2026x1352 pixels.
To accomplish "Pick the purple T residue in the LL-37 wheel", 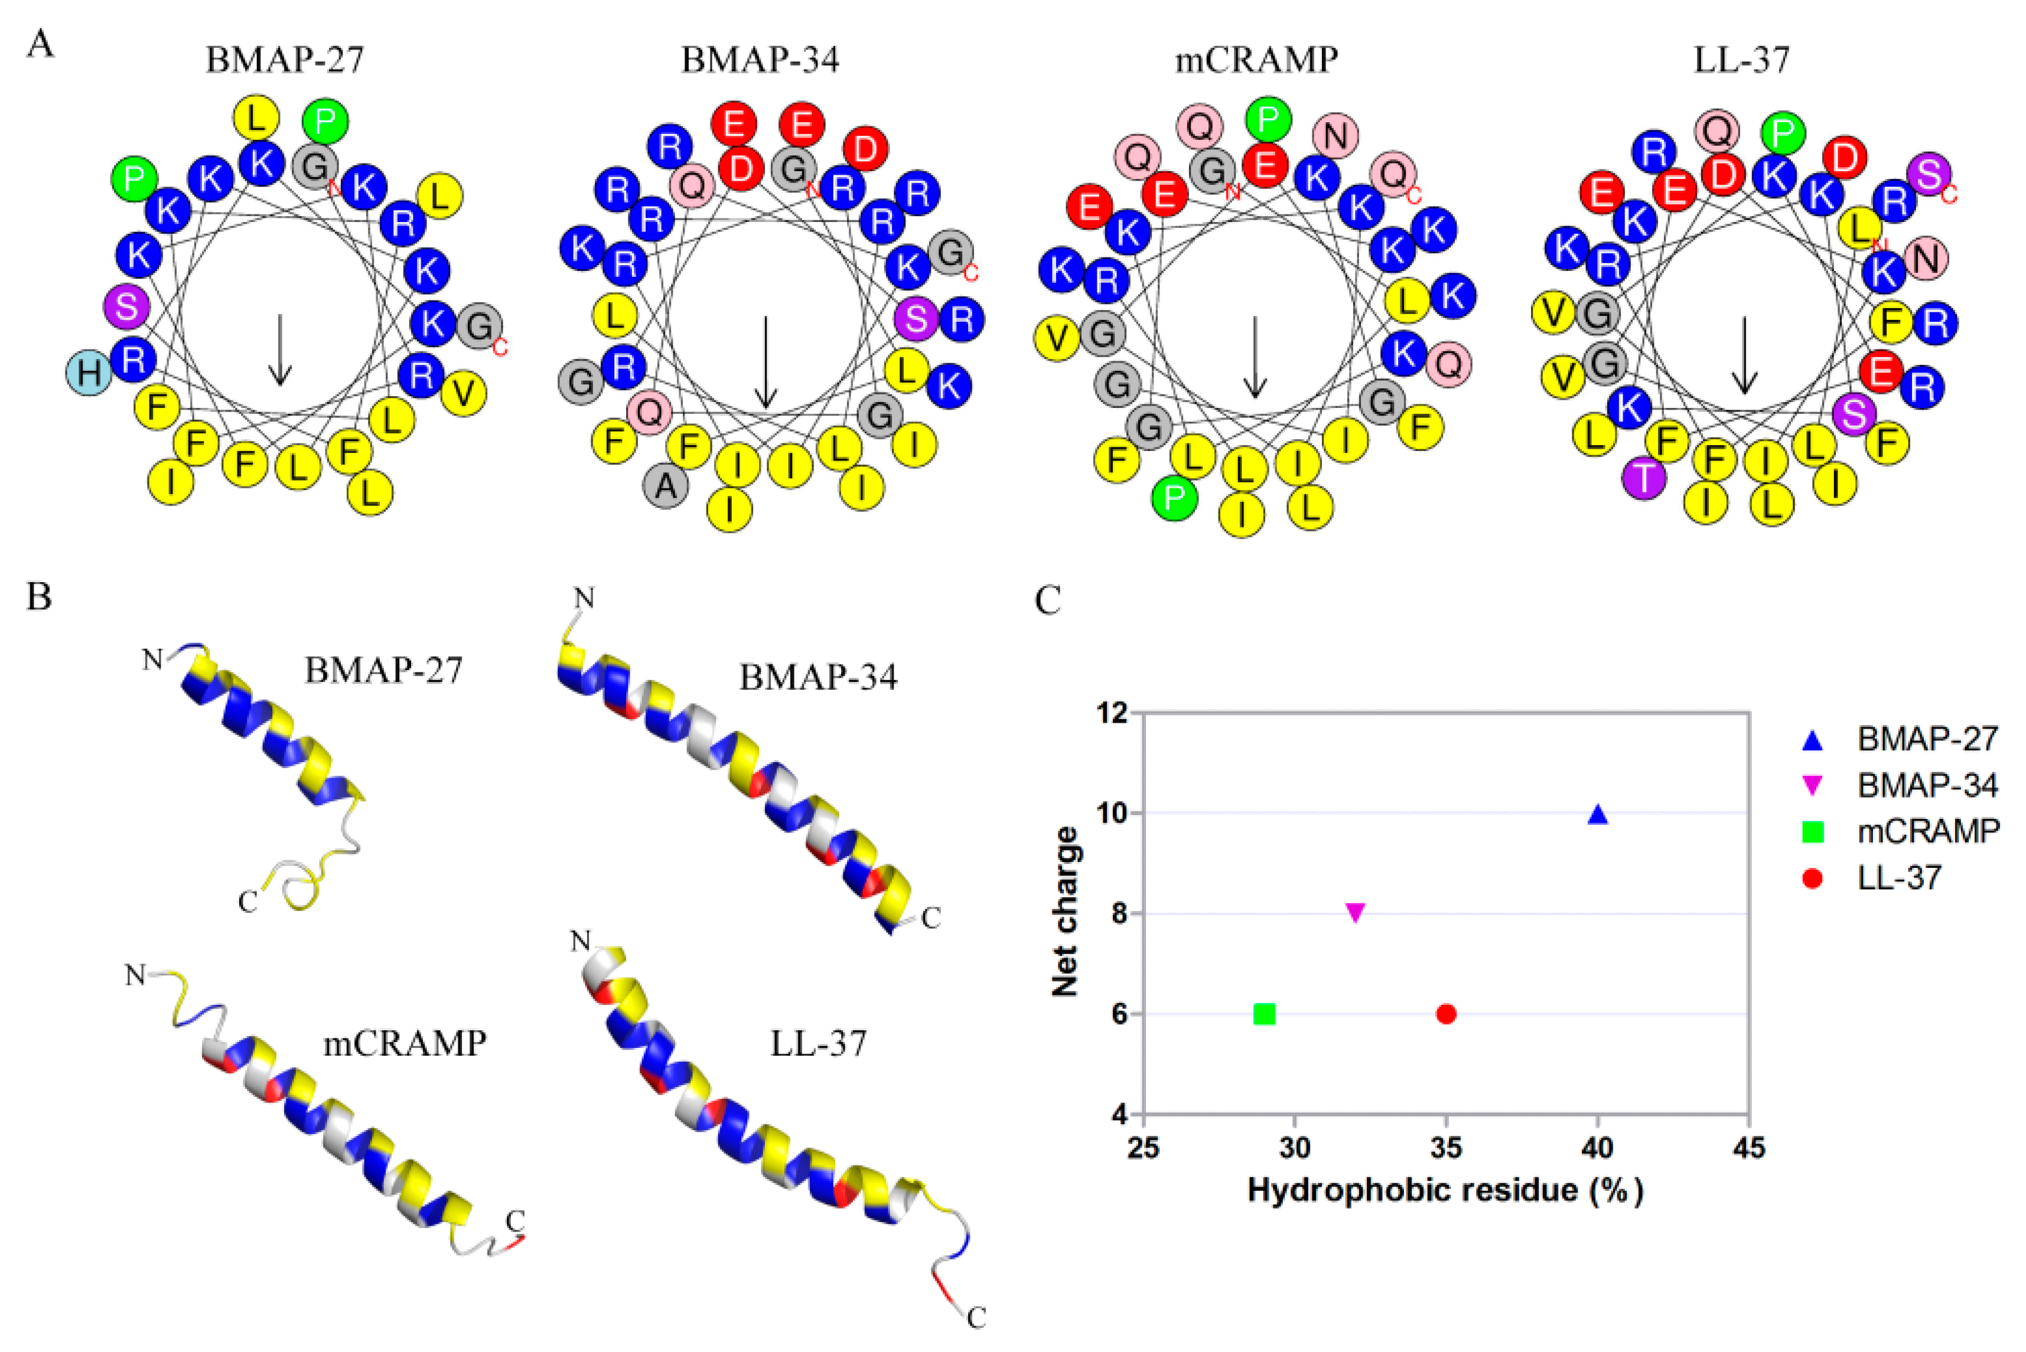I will point(1645,477).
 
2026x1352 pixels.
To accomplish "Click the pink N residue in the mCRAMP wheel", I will point(1335,135).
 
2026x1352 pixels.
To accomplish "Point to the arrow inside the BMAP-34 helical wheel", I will point(765,361).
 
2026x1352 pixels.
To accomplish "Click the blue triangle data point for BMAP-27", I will point(1597,814).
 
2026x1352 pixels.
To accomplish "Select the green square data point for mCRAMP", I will point(1265,1014).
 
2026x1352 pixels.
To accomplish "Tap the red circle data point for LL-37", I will point(1447,1014).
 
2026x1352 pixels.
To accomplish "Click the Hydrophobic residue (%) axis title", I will point(1445,1191).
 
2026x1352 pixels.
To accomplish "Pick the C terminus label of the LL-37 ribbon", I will point(975,1318).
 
